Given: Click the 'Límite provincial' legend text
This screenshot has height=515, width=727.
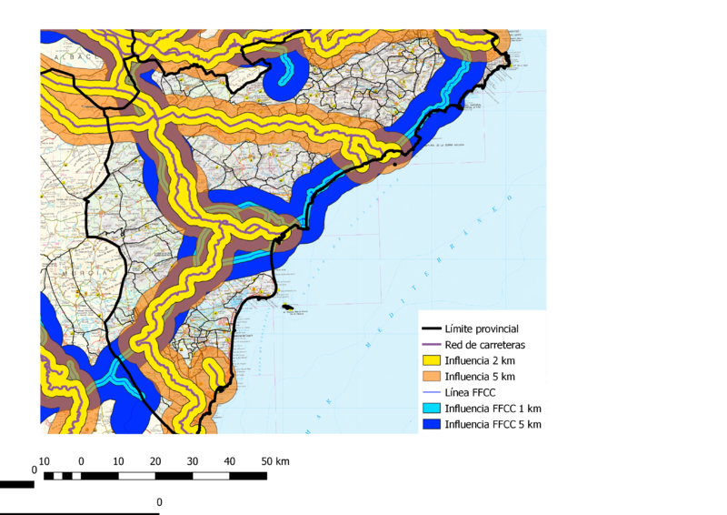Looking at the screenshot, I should coord(482,328).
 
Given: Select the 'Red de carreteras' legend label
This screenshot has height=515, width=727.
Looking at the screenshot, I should coord(485,345).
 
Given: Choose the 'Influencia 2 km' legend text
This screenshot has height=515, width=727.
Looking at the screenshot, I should coord(481,360).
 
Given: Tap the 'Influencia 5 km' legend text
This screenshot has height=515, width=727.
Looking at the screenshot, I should coord(481,377).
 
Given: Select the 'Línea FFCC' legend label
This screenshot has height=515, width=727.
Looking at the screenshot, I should coord(473,392).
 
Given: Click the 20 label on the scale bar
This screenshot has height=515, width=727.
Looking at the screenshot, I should coord(155,461).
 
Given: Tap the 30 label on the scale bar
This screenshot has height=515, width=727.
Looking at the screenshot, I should coord(192,461).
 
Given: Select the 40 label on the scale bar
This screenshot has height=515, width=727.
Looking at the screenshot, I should coord(229,461).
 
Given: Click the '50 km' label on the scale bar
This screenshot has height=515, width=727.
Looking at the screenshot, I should coord(275,461).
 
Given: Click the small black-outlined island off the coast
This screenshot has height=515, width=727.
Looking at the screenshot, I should coord(291,308).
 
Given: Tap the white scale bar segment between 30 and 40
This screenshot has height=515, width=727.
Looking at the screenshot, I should coord(210,476).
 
